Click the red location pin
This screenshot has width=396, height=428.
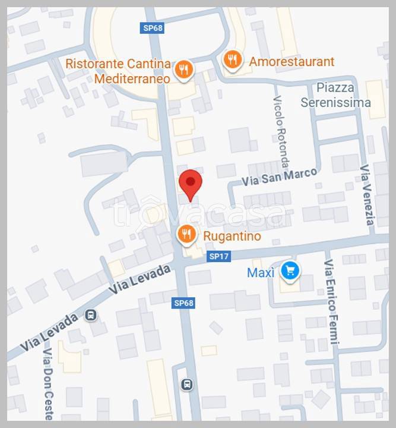pos(191,183)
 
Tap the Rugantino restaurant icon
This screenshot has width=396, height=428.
pos(187,234)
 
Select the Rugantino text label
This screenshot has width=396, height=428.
pos(232,236)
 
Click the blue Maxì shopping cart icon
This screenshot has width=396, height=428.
pos(290,271)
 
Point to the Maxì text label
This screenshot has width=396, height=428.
pos(261,272)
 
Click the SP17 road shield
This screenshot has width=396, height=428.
pos(219,257)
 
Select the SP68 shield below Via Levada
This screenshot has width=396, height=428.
pos(183,303)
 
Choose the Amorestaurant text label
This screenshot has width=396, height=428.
pos(292,61)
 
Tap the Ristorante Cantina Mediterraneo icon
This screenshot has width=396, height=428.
pos(185,69)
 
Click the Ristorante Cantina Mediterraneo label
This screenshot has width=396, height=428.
pos(118,71)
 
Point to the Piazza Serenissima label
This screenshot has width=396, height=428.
pos(335,95)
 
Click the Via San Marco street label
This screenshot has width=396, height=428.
pos(279,177)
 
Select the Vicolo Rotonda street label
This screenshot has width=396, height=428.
pos(281,131)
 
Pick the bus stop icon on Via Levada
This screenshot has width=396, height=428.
pos(91,314)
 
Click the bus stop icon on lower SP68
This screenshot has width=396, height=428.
pos(187,385)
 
